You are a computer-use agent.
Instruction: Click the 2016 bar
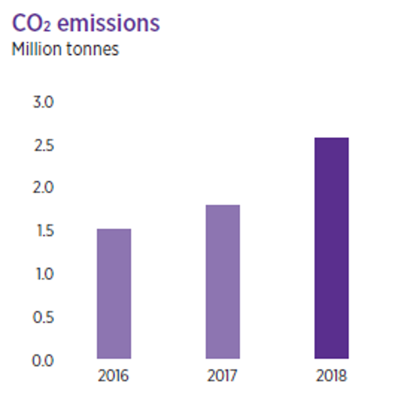[114, 294]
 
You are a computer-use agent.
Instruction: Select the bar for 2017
[223, 282]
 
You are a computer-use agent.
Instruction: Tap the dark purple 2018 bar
[331, 248]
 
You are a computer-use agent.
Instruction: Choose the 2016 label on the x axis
[114, 377]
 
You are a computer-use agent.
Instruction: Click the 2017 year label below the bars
[223, 377]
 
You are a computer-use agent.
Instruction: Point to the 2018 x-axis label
[331, 377]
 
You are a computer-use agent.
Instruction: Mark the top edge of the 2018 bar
[331, 138]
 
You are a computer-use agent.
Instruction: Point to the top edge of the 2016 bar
[114, 229]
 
